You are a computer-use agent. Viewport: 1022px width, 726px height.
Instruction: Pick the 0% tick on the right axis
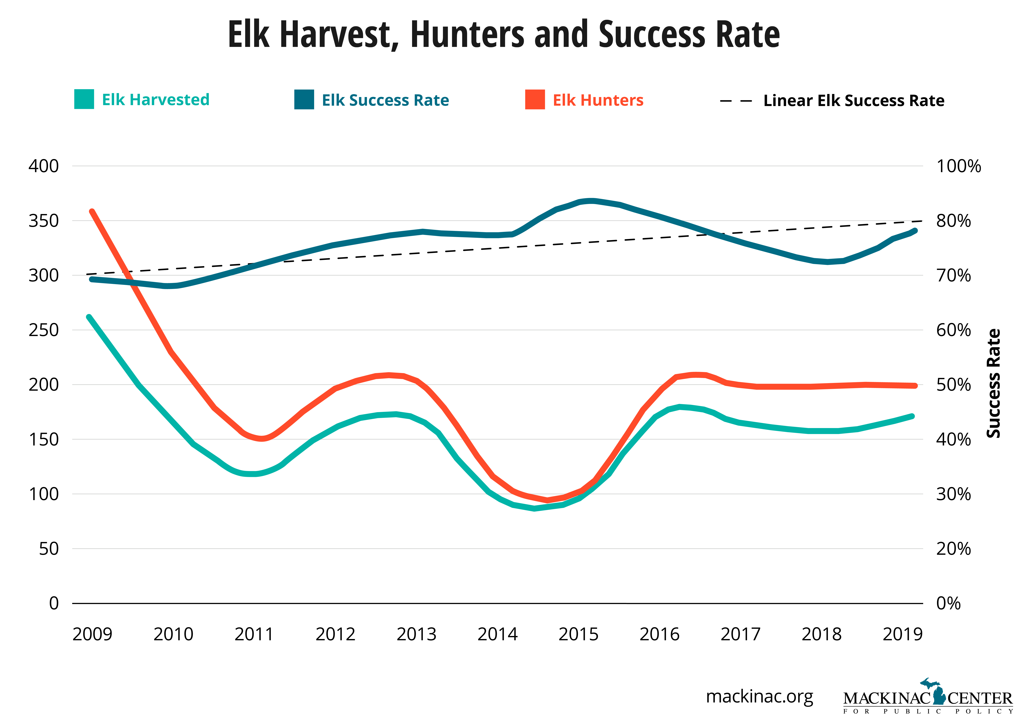pos(948,603)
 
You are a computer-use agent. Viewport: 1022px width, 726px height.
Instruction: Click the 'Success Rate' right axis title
pos(993,383)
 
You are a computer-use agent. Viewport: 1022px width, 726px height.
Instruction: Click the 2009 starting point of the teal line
pos(89,317)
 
